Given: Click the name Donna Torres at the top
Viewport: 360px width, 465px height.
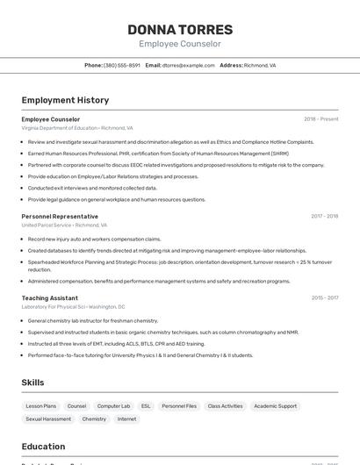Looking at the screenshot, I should click(180, 30).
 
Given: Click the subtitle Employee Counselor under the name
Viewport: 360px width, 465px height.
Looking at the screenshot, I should click(180, 44).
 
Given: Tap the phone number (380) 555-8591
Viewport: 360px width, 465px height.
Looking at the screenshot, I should click(121, 66).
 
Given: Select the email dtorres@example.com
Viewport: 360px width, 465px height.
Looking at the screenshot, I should click(188, 66).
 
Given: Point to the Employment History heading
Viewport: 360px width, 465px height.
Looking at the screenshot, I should click(65, 100).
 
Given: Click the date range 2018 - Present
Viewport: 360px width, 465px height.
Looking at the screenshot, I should click(320, 119).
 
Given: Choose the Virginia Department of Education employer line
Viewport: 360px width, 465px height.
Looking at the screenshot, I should click(77, 128).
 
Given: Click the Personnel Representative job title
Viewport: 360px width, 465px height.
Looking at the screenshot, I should click(60, 216).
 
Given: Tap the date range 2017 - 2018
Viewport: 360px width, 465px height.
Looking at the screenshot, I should click(324, 216).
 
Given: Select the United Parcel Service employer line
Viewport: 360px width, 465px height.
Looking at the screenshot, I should click(59, 225).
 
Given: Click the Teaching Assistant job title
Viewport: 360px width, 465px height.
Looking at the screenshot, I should click(50, 298).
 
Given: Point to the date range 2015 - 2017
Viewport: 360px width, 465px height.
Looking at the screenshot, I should click(324, 298).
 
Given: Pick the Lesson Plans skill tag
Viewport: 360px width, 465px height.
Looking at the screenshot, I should click(40, 406).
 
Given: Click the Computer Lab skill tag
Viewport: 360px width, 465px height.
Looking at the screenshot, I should click(113, 406).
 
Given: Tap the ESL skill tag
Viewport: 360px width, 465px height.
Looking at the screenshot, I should click(146, 406).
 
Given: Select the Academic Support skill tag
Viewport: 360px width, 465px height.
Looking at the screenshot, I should click(275, 406).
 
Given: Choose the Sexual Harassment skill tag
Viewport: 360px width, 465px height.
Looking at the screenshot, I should click(48, 419).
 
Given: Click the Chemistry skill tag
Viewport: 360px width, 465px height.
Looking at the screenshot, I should click(94, 419).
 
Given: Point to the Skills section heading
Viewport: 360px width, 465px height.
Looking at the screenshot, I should click(32, 383).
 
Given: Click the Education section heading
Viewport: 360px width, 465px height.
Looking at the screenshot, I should click(43, 446).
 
